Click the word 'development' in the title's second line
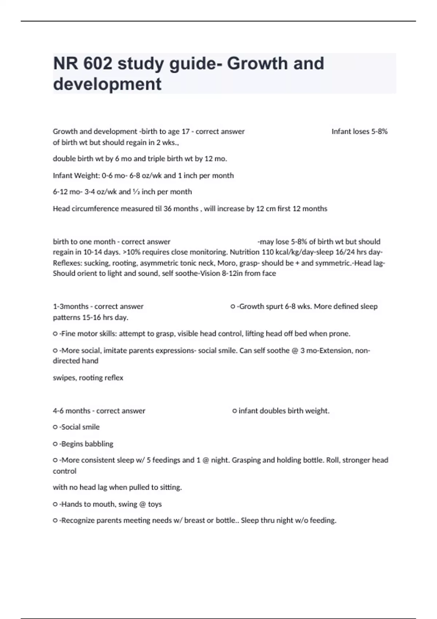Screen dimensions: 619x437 tap(107, 84)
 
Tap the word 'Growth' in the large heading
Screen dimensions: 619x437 tap(257, 64)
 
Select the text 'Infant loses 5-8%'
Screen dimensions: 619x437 tap(359, 131)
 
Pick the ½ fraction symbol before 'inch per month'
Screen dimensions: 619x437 tap(136, 192)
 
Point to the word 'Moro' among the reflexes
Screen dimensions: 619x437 tap(227, 263)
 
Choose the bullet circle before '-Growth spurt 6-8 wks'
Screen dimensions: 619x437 tap(233, 307)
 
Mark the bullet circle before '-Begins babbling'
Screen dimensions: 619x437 tap(55, 444)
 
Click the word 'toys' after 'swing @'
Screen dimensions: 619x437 tap(155, 504)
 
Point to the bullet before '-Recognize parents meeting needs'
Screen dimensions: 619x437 tap(55, 521)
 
